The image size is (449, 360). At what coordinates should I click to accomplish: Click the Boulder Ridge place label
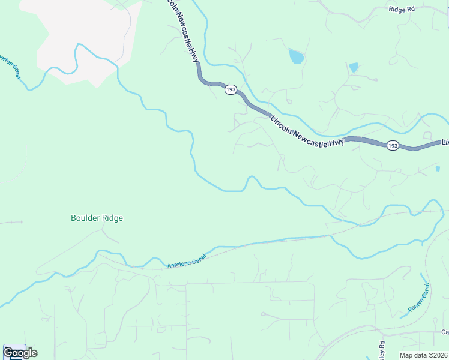click(97, 218)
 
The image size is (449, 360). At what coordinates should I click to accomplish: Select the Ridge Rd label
click(402, 10)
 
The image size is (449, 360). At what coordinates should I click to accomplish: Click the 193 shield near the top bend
click(231, 89)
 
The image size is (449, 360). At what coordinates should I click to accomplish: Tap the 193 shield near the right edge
click(393, 146)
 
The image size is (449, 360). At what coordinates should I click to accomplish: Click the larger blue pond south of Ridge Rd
click(296, 56)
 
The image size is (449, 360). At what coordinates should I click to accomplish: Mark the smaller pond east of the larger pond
click(354, 67)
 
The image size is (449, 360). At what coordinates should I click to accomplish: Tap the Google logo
click(20, 352)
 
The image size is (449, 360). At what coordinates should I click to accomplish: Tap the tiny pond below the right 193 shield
click(437, 169)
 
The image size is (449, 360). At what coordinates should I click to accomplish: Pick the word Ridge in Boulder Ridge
click(112, 218)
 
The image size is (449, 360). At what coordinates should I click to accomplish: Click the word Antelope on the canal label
click(179, 263)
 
